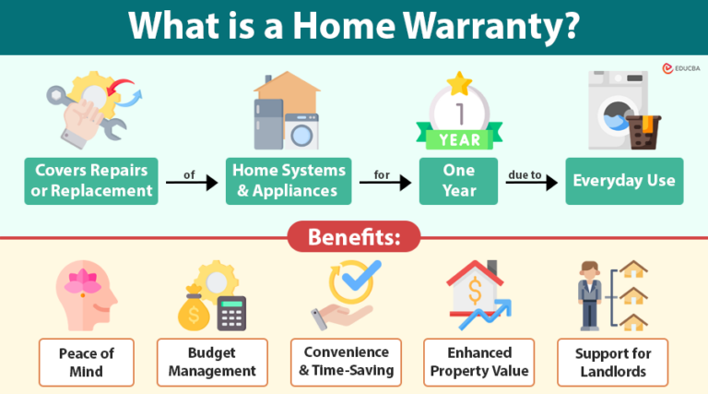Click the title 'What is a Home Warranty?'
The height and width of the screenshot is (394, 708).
coord(354,26)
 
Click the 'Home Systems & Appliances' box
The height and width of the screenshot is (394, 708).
coord(289,181)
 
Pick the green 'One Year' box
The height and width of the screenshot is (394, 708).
coord(458,181)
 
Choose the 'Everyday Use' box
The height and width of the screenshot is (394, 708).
coord(624,181)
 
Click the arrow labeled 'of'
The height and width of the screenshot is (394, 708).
coord(192,183)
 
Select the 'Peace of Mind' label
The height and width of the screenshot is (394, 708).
coord(87,362)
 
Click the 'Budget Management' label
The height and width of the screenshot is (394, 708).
coord(212,362)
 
